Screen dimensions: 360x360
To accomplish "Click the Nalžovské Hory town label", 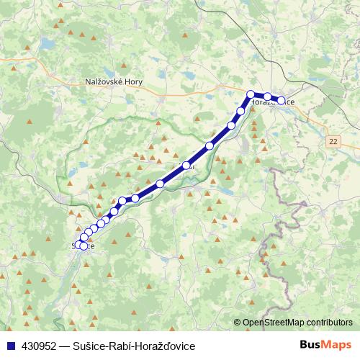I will coord(114,81).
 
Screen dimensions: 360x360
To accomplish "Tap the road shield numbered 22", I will coord(332,140).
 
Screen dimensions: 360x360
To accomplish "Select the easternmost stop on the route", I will coord(282,101).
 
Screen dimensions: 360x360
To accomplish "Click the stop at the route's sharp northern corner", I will coord(251,94).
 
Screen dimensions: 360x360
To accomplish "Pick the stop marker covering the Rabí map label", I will coord(186,166).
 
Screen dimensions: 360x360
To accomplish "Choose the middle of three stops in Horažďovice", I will coord(267,96).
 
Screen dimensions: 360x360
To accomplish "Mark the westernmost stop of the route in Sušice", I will coord(77,244).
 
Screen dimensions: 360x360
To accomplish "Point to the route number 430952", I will coord(35,346).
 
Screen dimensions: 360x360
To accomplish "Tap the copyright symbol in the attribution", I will coord(238,323).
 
